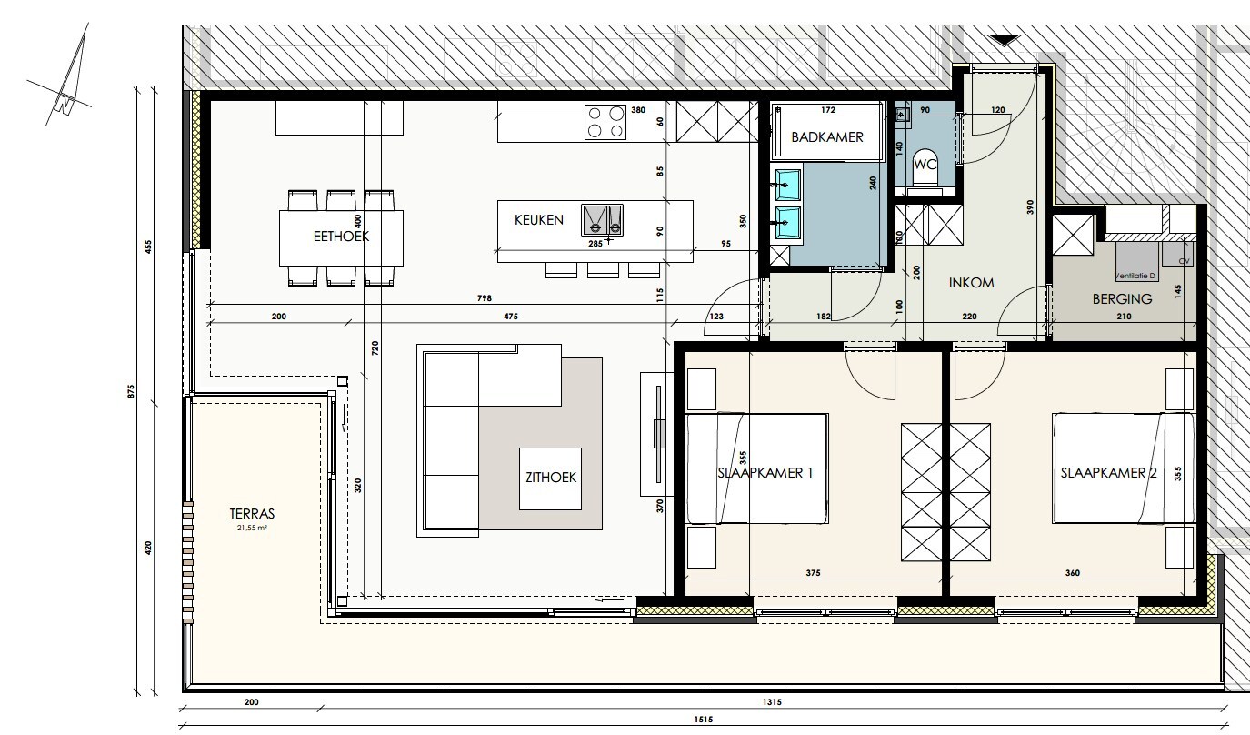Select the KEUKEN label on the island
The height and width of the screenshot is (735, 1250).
[538, 220]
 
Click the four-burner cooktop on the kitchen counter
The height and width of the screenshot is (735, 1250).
[605, 122]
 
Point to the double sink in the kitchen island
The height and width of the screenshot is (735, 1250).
[603, 219]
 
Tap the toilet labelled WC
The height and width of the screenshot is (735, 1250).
[925, 166]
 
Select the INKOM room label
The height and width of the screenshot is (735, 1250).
[971, 282]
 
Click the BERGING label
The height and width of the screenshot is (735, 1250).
[1122, 298]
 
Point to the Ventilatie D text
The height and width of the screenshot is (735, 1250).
[1135, 275]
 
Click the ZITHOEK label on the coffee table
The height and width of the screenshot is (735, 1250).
[548, 477]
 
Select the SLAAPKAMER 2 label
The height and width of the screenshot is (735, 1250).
[1102, 473]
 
